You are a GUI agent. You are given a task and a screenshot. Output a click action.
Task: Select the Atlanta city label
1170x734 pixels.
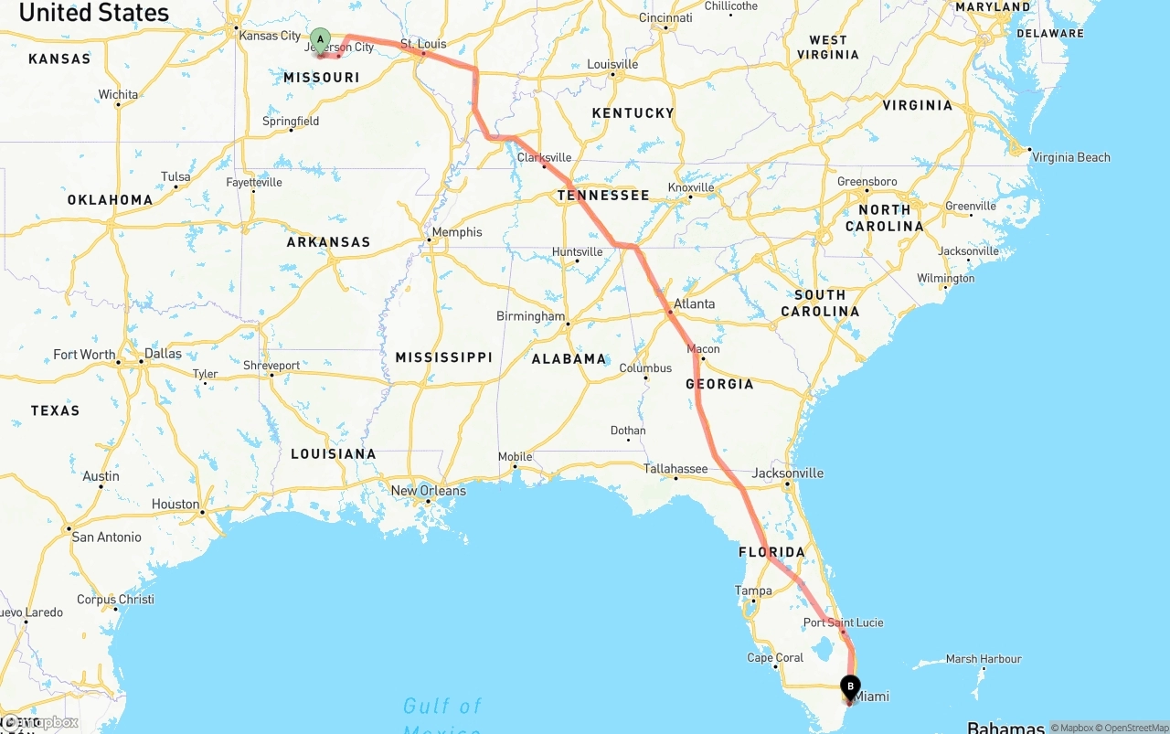click(x=695, y=303)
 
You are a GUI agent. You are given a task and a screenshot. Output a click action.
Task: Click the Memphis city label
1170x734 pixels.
click(x=457, y=232)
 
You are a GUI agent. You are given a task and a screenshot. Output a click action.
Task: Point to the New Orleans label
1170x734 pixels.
click(x=428, y=491)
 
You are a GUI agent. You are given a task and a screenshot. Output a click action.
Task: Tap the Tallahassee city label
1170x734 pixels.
click(x=675, y=469)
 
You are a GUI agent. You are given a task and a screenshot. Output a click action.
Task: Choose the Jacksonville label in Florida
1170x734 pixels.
click(x=788, y=473)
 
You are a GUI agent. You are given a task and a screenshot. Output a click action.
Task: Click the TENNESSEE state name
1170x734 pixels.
click(x=603, y=195)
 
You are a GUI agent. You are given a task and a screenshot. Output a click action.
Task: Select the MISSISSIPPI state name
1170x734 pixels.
click(x=444, y=357)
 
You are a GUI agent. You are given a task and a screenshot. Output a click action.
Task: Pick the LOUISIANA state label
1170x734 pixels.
click(x=334, y=454)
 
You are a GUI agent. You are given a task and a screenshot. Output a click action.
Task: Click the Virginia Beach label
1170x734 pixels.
click(x=1071, y=157)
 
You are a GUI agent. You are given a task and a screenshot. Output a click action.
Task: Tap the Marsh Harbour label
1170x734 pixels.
click(x=984, y=659)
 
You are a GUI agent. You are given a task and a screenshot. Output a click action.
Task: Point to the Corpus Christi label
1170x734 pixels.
click(x=115, y=600)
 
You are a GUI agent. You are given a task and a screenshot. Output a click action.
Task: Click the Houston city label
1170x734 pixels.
click(x=175, y=505)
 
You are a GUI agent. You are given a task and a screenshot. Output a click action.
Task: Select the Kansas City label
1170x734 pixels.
click(x=270, y=36)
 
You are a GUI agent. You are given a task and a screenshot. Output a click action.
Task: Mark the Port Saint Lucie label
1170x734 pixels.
click(x=844, y=622)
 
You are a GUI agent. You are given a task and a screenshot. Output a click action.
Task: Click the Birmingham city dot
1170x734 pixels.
click(x=568, y=324)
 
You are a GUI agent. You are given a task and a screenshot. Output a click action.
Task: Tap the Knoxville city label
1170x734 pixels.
click(x=691, y=187)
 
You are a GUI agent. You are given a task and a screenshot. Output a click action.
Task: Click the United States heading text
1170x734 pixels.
click(x=94, y=13)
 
